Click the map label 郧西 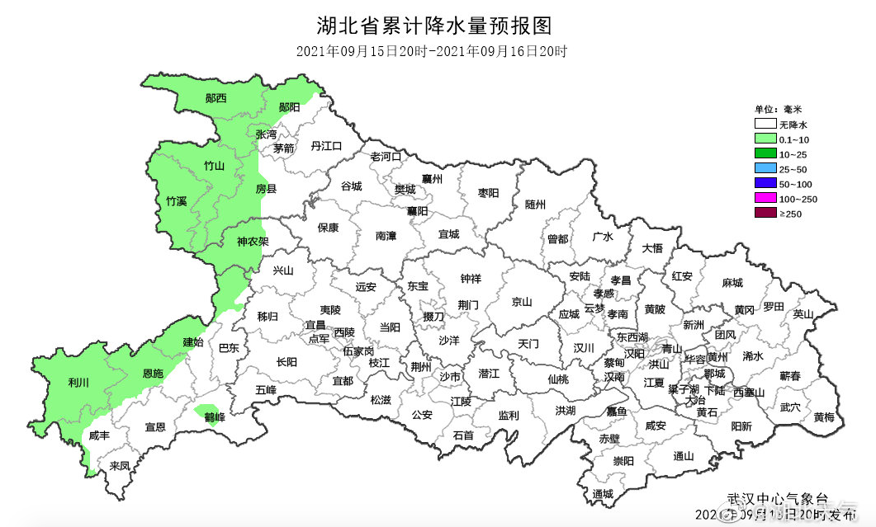[x=216, y=98]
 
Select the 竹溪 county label [x=177, y=201]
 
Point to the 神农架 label [x=253, y=242]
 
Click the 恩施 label [x=154, y=374]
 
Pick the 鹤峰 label [x=215, y=417]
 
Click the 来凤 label [x=121, y=466]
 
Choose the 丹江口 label [x=326, y=146]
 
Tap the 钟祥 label [x=471, y=279]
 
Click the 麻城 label [x=732, y=283]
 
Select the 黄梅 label [x=823, y=417]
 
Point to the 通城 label [x=603, y=494]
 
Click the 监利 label [x=509, y=416]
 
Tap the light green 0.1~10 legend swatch [x=765, y=139]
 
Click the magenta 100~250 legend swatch [x=765, y=199]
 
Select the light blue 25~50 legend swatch [x=765, y=168]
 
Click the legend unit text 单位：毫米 [x=778, y=109]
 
